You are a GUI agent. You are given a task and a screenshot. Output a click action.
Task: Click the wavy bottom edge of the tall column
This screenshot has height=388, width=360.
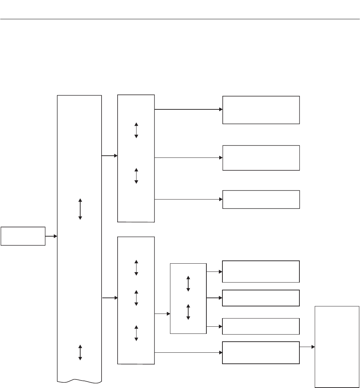(79, 381)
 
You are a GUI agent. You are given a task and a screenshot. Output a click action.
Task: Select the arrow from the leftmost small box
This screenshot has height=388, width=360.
(51, 236)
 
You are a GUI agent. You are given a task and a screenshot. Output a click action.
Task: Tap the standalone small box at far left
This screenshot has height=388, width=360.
(23, 236)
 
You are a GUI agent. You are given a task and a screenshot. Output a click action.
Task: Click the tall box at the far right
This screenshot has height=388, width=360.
(337, 346)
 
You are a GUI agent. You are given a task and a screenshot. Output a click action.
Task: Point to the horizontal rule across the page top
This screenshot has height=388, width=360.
(180, 19)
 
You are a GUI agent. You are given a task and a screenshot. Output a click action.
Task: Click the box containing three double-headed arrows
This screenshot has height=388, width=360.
(136, 300)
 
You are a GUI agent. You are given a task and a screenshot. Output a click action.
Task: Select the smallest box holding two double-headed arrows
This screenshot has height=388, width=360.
(188, 299)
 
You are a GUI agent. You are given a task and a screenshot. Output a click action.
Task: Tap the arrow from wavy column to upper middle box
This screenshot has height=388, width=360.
(109, 156)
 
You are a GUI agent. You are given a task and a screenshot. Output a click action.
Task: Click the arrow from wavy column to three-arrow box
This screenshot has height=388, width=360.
(109, 298)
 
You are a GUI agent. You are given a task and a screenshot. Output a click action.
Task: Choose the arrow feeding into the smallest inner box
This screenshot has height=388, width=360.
(162, 314)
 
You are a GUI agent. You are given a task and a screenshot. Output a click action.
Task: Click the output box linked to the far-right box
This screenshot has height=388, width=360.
(261, 352)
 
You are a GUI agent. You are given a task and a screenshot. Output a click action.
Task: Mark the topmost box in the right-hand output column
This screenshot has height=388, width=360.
(261, 110)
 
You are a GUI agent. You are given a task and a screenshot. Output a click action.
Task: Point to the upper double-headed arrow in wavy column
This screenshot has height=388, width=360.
(80, 209)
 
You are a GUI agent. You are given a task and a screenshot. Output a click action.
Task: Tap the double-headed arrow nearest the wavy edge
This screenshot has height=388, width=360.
(80, 352)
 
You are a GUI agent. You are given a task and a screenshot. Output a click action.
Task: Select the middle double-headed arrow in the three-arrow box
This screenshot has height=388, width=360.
(136, 298)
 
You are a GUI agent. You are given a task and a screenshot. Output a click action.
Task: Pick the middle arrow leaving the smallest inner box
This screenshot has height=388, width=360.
(214, 298)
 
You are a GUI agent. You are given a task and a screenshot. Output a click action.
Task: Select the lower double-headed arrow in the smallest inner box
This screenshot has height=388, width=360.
(188, 312)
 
